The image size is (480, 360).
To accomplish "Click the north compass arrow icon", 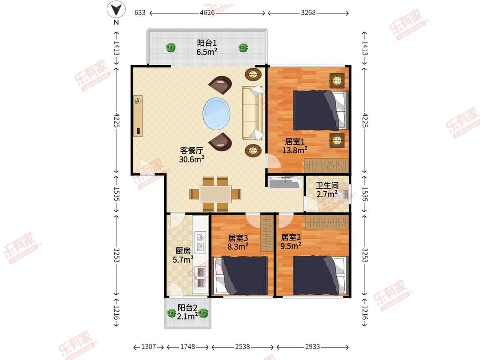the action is click(116, 9).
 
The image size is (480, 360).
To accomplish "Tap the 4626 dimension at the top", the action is click(207, 12).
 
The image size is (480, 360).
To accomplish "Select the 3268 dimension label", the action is click(308, 12).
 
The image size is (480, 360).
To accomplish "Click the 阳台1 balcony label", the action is click(207, 43).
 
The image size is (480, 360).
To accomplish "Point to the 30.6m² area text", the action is click(192, 159).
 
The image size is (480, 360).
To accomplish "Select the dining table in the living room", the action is click(215, 194).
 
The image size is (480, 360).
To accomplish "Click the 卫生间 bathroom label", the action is click(327, 186).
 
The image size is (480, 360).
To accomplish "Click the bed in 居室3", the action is click(241, 275).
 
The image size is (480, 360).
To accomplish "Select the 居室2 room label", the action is click(291, 237).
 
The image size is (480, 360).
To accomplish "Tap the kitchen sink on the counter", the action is click(200, 242).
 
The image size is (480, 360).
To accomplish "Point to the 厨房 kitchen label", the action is click(183, 251).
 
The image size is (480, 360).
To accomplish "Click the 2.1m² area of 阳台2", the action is click(187, 316).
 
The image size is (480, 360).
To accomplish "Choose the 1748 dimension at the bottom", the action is click(187, 346).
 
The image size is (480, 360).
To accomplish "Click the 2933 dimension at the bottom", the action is click(312, 346).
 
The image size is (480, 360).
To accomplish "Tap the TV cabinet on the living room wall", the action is click(138, 116).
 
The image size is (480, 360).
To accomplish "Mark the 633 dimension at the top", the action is click(140, 12).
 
